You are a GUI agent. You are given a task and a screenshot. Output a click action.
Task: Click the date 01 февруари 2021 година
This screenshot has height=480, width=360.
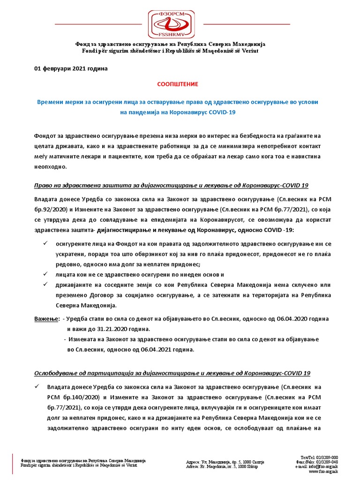(71, 68)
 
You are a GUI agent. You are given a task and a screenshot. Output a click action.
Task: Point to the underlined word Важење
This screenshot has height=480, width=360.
(46, 319)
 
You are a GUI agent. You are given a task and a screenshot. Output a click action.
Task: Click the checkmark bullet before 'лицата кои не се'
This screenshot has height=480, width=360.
(45, 274)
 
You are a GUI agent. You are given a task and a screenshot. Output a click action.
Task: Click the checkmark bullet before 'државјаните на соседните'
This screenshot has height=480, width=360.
(45, 285)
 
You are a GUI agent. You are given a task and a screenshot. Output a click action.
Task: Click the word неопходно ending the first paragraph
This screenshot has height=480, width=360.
(51, 166)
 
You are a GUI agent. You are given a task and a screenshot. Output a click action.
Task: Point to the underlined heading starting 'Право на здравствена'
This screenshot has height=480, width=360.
(171, 185)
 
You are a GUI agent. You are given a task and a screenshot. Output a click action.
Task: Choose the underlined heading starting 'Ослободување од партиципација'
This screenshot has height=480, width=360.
(172, 373)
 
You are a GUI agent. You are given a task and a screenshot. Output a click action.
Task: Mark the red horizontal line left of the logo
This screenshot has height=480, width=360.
(98, 23)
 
